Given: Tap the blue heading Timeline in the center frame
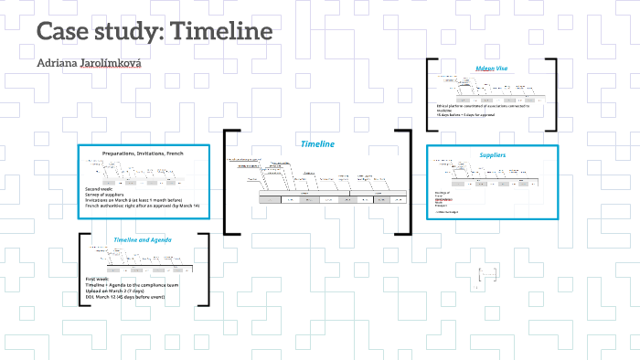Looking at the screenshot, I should point(317,143).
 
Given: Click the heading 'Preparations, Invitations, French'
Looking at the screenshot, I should point(143,154).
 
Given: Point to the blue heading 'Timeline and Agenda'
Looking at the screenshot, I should point(143,239).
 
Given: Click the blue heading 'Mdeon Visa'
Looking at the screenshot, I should point(491,69).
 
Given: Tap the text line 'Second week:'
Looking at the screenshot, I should point(101,187).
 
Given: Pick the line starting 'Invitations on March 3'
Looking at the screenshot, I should point(136,200).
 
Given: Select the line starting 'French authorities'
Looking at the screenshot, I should point(142,206).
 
